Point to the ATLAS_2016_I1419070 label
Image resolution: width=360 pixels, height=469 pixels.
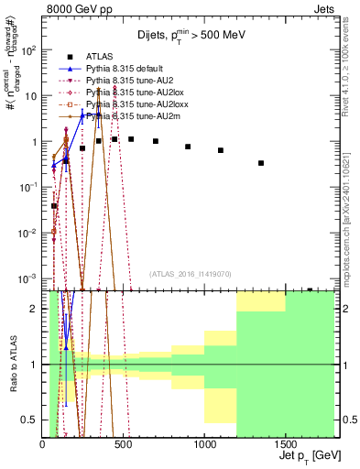(x=190, y=273)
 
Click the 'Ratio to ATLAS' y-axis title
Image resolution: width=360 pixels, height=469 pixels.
(x=13, y=365)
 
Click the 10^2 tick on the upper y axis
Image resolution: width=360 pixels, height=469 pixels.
(x=29, y=50)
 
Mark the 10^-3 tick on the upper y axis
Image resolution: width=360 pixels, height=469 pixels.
(x=29, y=278)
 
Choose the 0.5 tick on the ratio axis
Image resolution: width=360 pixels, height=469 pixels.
(x=32, y=420)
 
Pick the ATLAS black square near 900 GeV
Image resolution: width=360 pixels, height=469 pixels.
(x=188, y=147)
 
